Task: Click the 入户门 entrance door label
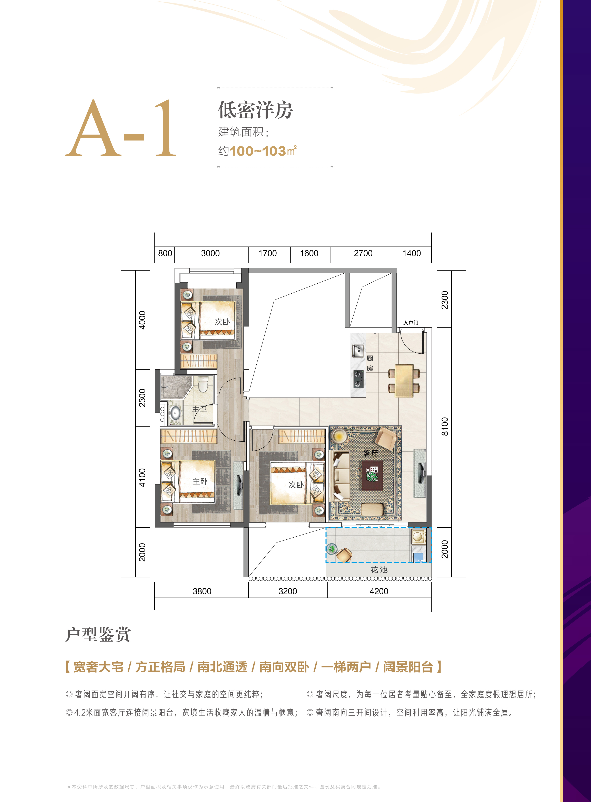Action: pyautogui.click(x=411, y=323)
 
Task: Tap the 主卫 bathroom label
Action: pyautogui.click(x=200, y=409)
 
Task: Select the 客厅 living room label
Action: pyautogui.click(x=371, y=453)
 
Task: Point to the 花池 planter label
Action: pyautogui.click(x=379, y=569)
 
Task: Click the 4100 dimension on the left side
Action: pyautogui.click(x=142, y=477)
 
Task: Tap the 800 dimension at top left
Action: pyautogui.click(x=165, y=253)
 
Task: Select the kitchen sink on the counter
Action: pyautogui.click(x=358, y=351)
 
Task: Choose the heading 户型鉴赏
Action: pyautogui.click(x=98, y=634)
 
